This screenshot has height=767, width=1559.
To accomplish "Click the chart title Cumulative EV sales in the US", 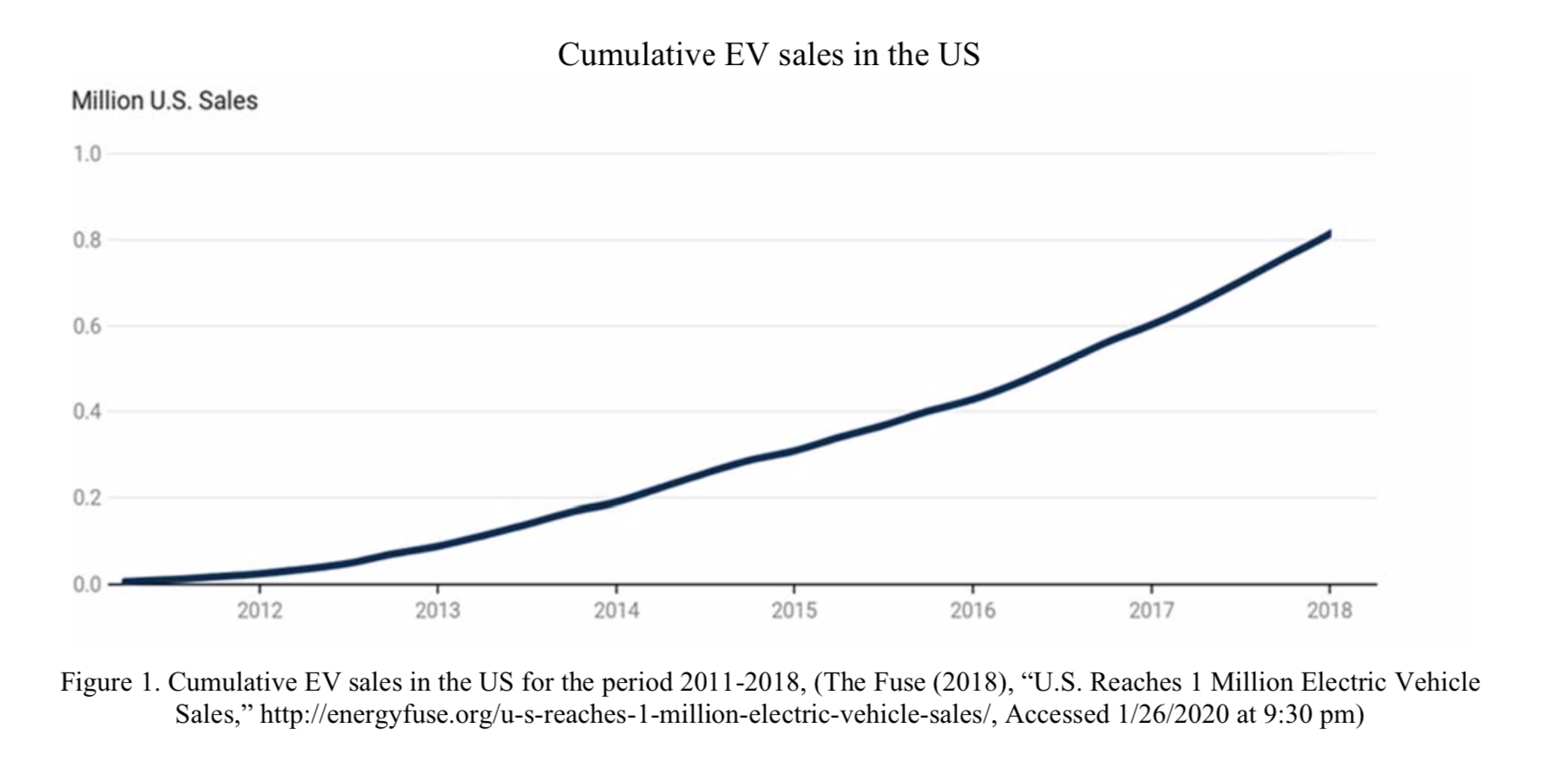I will pyautogui.click(x=768, y=55).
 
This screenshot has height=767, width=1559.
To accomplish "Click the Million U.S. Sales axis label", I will pyautogui.click(x=164, y=101).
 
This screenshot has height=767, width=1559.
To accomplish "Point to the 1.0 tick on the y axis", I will pyautogui.click(x=87, y=154).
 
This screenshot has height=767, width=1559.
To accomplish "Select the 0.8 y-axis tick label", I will pyautogui.click(x=87, y=240).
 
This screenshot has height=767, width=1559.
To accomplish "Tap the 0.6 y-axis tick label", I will pyautogui.click(x=87, y=326).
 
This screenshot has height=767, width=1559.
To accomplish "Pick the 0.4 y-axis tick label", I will pyautogui.click(x=87, y=411).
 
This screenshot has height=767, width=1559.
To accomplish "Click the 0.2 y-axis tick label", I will pyautogui.click(x=87, y=498).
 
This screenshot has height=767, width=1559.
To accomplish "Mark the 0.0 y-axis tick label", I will pyautogui.click(x=87, y=584).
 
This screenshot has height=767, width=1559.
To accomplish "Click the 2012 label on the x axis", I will pyautogui.click(x=260, y=611).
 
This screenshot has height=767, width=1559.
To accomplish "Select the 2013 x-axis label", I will pyautogui.click(x=437, y=611).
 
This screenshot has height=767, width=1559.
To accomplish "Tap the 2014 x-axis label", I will pyautogui.click(x=616, y=611).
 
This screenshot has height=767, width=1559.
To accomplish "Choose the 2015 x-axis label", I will pyautogui.click(x=794, y=611).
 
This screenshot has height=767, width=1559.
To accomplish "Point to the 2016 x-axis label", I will pyautogui.click(x=973, y=611).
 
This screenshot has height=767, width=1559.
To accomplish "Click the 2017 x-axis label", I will pyautogui.click(x=1151, y=611).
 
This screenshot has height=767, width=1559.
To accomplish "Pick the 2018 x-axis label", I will pyautogui.click(x=1330, y=611).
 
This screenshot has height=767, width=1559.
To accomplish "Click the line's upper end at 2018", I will pyautogui.click(x=1328, y=234).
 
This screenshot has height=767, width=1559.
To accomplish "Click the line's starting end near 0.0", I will pyautogui.click(x=127, y=581).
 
